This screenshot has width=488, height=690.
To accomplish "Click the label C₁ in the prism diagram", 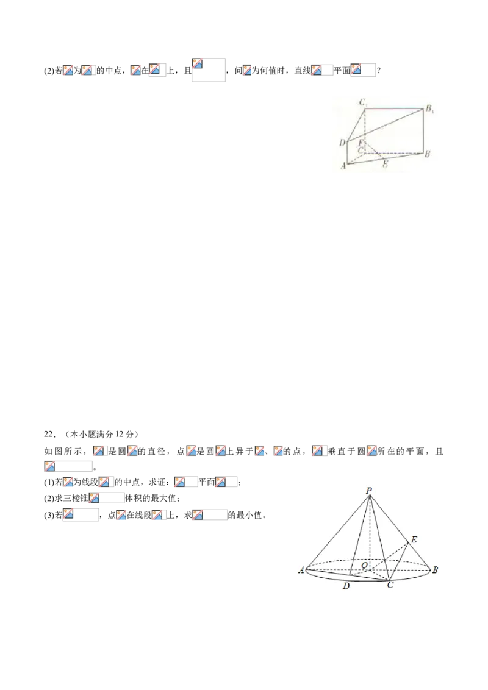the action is (x=364, y=103).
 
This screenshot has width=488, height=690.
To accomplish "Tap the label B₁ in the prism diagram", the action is (x=429, y=109).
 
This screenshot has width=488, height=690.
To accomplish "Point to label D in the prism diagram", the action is (x=342, y=142).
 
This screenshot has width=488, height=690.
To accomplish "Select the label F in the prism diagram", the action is (x=361, y=143).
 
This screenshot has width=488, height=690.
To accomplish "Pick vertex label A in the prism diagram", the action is (x=343, y=166).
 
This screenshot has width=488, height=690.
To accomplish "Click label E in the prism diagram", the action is (x=385, y=164).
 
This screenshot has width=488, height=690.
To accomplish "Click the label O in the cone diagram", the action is (x=364, y=564).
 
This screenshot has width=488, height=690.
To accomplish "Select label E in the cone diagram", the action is (x=414, y=539).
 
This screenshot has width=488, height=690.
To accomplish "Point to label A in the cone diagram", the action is (x=301, y=571).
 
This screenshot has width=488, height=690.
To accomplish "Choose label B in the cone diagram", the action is (x=435, y=570).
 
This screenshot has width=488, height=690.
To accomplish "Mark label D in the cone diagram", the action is (x=346, y=586).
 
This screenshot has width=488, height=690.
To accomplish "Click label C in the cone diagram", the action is (x=390, y=585).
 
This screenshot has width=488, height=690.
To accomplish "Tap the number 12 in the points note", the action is (x=120, y=435).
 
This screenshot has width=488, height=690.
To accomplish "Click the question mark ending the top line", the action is (x=379, y=71).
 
